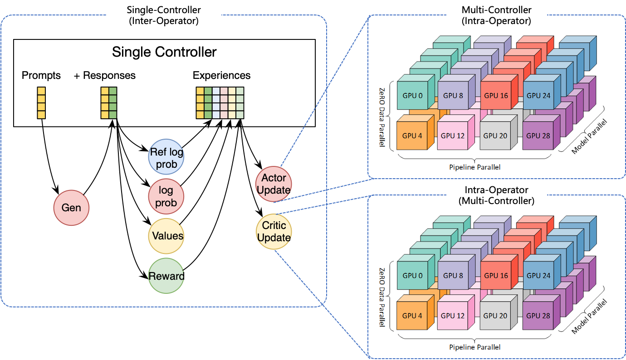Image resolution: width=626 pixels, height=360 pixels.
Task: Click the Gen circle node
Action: (x=71, y=208)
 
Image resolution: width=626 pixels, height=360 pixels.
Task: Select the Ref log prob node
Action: (x=166, y=157)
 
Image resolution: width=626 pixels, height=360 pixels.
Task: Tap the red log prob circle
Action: (x=166, y=196)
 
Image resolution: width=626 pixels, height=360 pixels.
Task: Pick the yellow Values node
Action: (x=166, y=236)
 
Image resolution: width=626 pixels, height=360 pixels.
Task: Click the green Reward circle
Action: (x=166, y=276)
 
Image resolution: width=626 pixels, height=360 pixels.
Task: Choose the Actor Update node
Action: (x=274, y=184)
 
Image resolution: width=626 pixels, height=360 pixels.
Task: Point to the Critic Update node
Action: (x=274, y=232)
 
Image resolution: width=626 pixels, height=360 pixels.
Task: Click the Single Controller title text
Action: (x=164, y=52)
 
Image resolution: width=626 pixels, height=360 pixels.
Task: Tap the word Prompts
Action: (x=41, y=76)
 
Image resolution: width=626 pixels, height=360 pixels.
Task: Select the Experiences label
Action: (x=222, y=75)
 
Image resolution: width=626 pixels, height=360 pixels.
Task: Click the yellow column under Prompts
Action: (x=41, y=103)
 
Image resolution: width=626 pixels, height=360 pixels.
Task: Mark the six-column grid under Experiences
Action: (x=220, y=103)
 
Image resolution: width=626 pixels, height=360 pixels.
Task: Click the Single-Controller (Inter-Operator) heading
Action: (x=164, y=15)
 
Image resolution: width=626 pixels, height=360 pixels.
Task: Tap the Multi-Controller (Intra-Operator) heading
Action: (x=497, y=15)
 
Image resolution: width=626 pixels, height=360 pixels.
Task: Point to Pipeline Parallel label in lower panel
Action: (x=475, y=347)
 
